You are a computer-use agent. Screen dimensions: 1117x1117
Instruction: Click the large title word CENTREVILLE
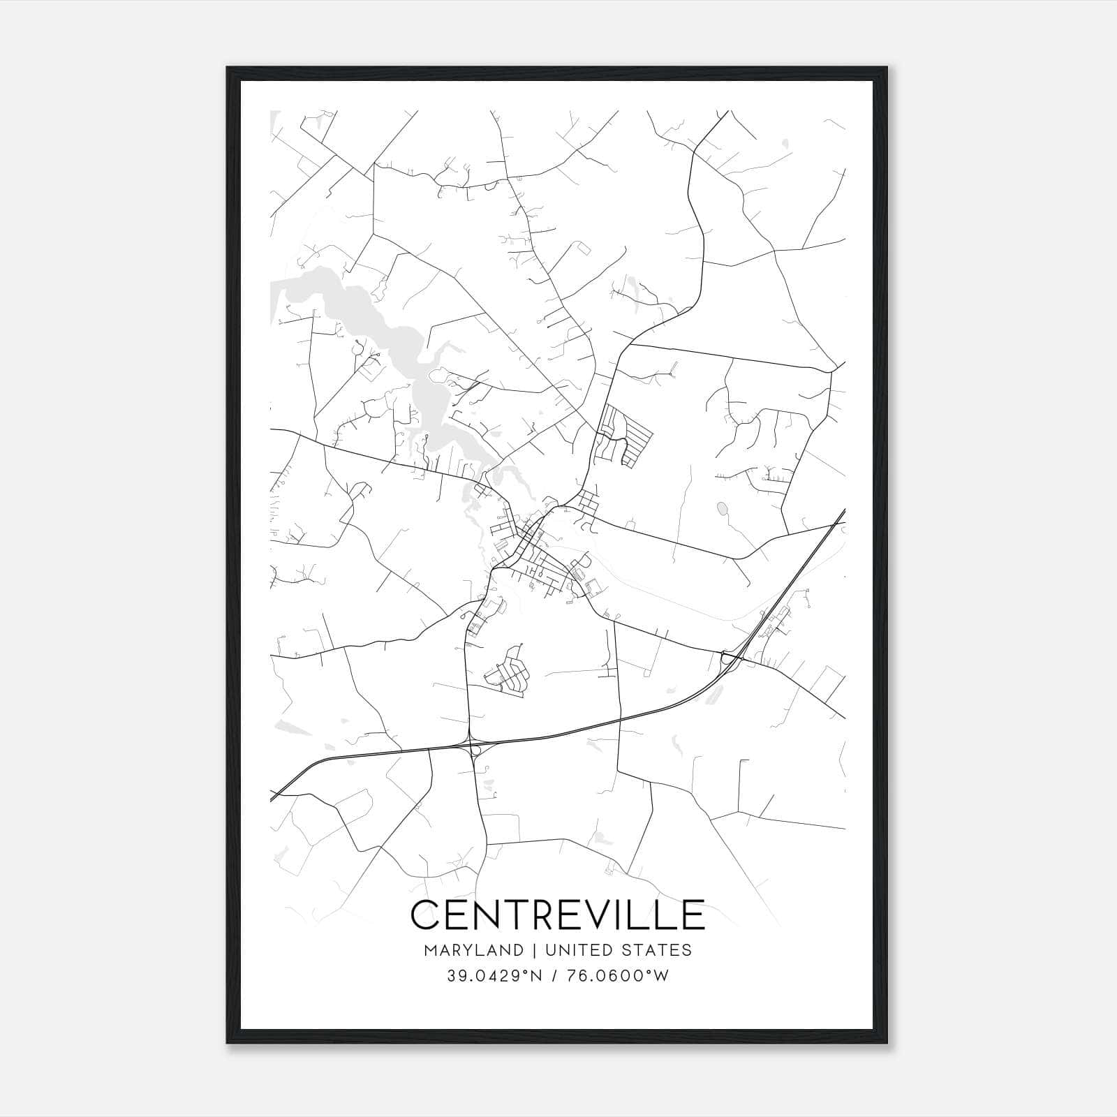click(x=558, y=915)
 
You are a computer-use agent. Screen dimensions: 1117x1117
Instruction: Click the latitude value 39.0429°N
click(x=494, y=976)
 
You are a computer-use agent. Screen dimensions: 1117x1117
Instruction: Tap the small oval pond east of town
click(x=722, y=508)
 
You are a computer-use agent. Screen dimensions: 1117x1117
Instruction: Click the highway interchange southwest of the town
click(x=475, y=748)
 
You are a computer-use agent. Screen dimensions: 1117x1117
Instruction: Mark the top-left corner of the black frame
click(x=228, y=68)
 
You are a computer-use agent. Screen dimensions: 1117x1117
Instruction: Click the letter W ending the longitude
click(x=661, y=976)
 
